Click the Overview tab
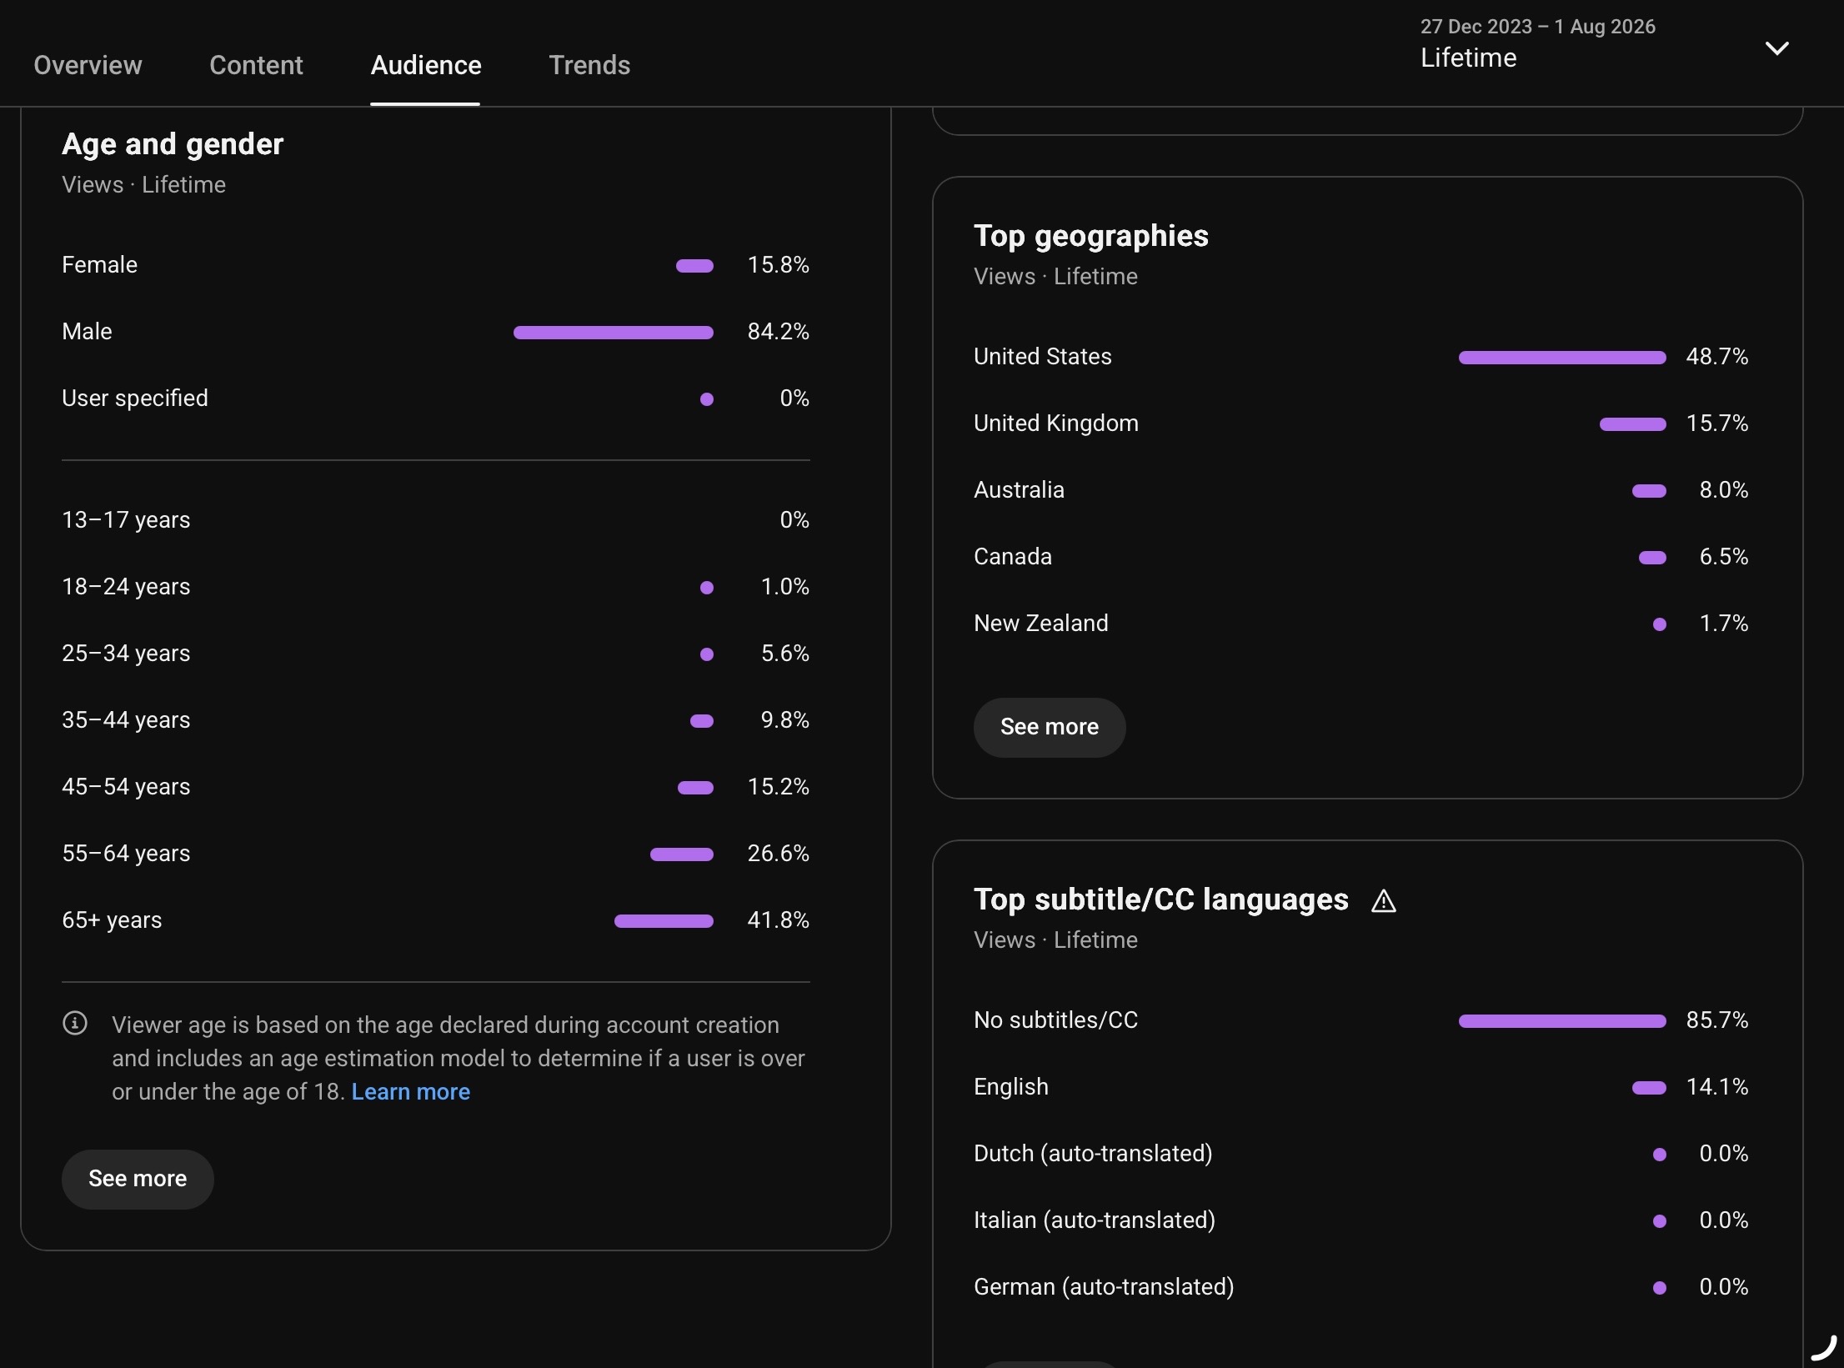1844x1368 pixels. (x=88, y=65)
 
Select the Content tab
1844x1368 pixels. (x=256, y=65)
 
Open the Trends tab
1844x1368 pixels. (x=589, y=65)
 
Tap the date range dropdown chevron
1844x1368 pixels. (x=1776, y=48)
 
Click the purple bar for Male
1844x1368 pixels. (x=613, y=333)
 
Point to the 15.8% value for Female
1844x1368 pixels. (x=778, y=265)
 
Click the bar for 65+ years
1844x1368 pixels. (x=664, y=921)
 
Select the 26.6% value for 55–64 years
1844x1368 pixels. (x=778, y=854)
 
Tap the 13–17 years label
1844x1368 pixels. (x=126, y=520)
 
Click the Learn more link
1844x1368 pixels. (x=410, y=1092)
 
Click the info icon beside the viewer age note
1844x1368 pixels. (x=75, y=1023)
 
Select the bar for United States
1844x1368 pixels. (x=1562, y=358)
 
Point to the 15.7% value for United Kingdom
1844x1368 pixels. (x=1716, y=423)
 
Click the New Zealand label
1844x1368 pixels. (x=1041, y=624)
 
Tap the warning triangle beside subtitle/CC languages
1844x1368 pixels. (x=1383, y=901)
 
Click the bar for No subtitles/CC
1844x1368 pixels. (x=1562, y=1021)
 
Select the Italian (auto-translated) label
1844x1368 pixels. (x=1095, y=1220)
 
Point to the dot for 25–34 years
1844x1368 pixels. (x=707, y=654)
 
